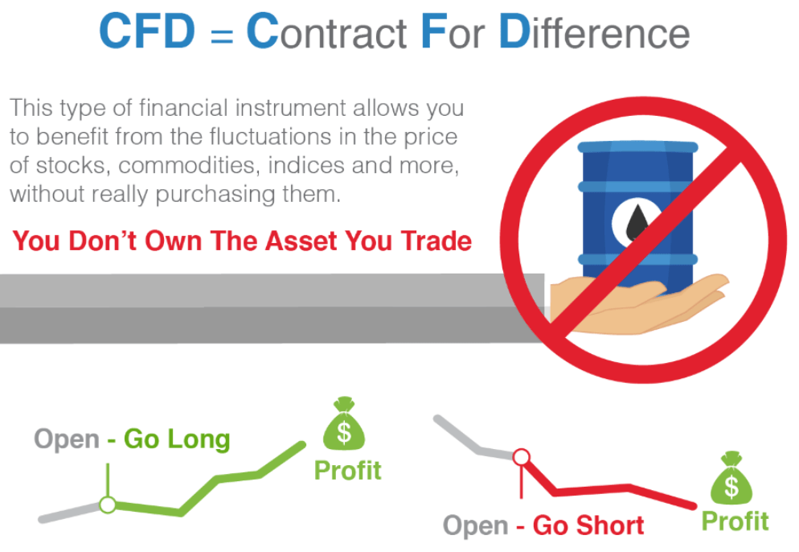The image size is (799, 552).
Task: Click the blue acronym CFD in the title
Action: click(147, 31)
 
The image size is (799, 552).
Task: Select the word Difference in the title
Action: click(594, 31)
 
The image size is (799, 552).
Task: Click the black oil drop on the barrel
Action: click(637, 222)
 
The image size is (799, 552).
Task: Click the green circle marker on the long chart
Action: click(108, 505)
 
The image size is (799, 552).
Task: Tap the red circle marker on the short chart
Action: click(522, 456)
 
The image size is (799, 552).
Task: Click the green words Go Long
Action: click(177, 440)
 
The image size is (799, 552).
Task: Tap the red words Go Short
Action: click(588, 525)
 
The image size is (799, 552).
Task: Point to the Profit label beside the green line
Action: click(347, 471)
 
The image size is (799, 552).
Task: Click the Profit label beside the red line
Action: click(735, 521)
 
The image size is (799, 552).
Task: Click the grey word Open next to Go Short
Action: click(475, 526)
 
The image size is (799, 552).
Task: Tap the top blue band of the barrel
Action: click(637, 147)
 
